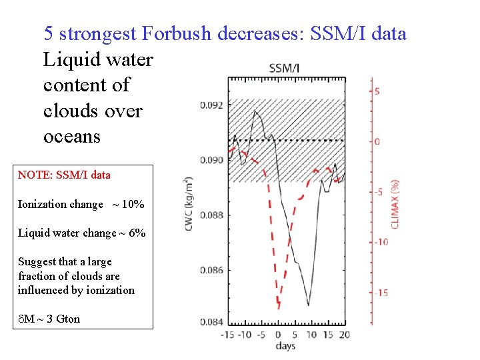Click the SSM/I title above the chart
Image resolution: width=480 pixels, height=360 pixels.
284,68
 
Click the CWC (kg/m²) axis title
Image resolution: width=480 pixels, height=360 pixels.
189,205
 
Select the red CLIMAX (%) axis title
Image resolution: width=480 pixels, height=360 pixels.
395,203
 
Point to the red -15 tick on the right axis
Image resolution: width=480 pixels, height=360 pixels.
381,293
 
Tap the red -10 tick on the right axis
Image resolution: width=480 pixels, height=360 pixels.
381,242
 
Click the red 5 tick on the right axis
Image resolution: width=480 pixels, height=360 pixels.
377,91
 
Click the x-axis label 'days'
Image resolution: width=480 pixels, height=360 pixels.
285,346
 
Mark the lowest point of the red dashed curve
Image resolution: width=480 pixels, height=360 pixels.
278,308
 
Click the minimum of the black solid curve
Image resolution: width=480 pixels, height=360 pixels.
308,305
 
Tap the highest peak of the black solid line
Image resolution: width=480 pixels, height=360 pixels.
255,111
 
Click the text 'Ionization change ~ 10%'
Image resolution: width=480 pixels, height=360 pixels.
81,205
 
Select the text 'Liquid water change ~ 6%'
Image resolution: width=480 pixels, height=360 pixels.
81,233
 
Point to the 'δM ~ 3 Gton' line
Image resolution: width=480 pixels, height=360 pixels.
49,319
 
